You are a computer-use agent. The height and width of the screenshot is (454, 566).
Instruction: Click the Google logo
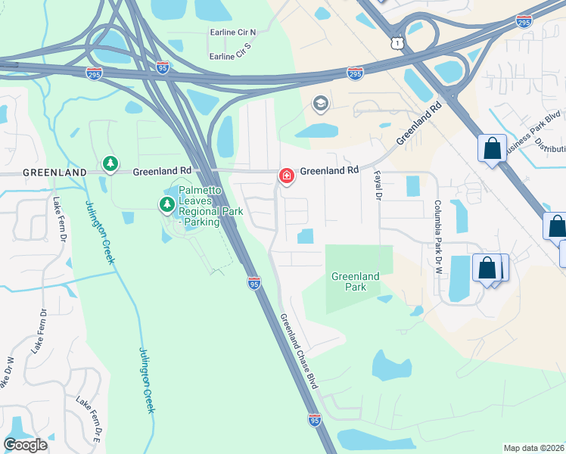coord(26,444)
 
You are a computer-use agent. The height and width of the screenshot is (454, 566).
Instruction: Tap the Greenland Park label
coord(355,281)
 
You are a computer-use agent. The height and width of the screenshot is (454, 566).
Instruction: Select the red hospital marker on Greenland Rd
coord(287,176)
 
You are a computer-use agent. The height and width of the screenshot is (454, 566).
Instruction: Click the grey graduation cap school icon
coord(321,104)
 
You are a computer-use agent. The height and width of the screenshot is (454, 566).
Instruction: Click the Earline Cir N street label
coord(233,33)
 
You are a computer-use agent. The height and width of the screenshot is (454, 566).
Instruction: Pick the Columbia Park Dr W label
coord(437,226)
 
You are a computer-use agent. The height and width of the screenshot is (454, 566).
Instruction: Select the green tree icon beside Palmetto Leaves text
coord(166,204)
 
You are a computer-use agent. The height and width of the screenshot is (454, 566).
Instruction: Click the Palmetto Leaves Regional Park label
coord(210,206)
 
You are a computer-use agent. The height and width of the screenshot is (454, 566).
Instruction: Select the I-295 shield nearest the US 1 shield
coord(355,73)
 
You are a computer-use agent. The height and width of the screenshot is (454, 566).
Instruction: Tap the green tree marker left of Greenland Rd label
coord(110,164)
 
